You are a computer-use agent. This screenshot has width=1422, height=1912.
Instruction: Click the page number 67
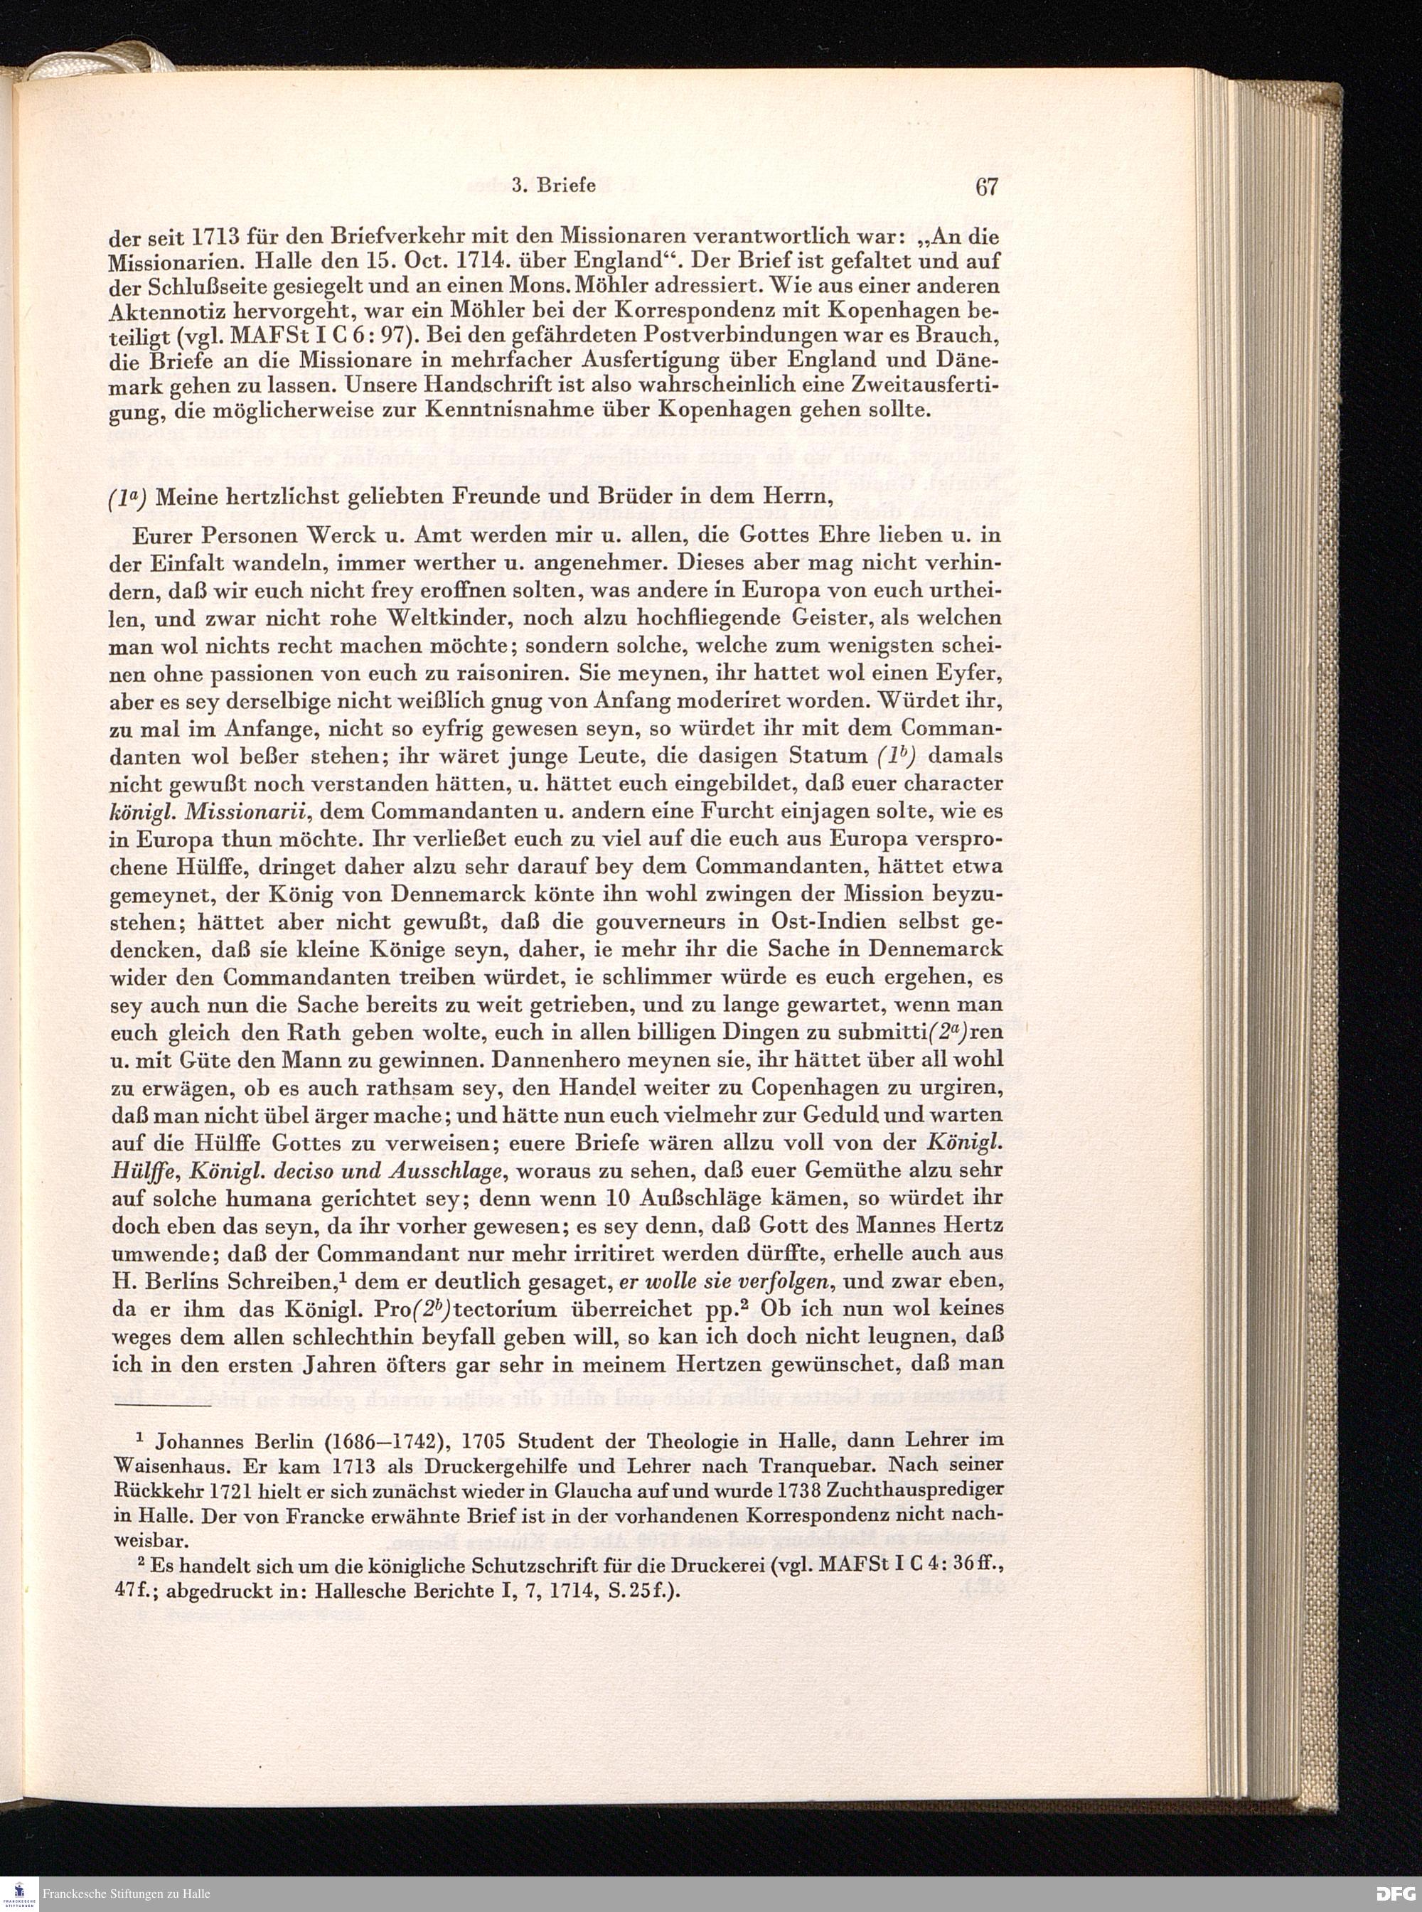(986, 187)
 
